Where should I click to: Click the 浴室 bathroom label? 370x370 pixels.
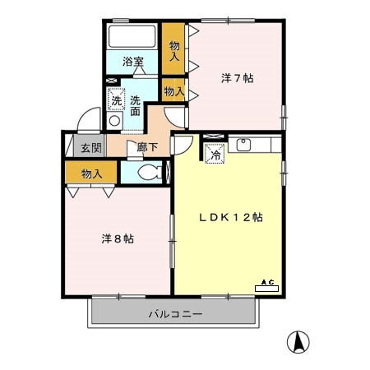132,62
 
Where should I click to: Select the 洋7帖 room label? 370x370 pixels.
238,79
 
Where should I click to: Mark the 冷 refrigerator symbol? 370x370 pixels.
215,153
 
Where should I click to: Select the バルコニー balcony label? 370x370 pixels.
175,313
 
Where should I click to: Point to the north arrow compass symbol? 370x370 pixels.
297,341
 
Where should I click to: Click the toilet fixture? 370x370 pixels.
149,173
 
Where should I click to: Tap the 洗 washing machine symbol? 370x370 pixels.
116,99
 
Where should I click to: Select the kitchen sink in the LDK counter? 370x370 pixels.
243,146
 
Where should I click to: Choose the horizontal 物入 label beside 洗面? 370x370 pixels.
173,90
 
